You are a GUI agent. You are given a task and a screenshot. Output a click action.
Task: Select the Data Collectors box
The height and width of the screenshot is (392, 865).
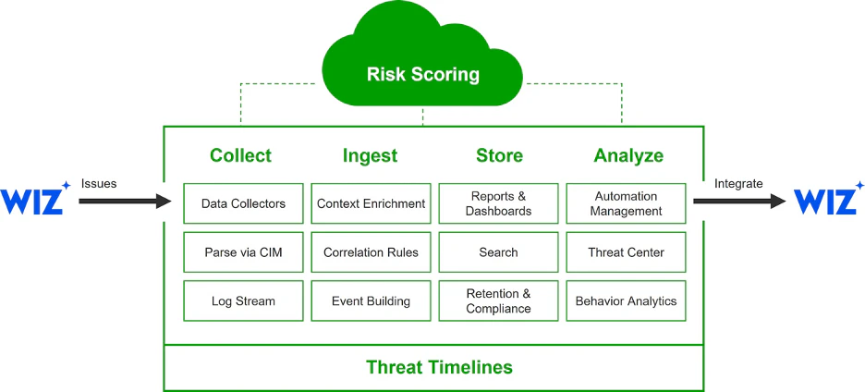243,203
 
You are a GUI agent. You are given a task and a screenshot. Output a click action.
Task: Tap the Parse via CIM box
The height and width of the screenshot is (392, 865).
243,252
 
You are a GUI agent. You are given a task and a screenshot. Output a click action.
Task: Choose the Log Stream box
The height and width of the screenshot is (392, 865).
243,300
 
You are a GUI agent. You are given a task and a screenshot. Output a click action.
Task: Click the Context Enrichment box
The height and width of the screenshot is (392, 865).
371,203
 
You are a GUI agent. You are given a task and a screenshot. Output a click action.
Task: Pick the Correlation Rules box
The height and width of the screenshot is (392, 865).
371,252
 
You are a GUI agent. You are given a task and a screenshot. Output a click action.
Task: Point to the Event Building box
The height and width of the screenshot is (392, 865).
371,300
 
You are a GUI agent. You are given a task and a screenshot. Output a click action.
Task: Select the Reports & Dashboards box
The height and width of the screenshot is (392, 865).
499,203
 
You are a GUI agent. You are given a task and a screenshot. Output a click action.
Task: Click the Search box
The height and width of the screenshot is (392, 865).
499,252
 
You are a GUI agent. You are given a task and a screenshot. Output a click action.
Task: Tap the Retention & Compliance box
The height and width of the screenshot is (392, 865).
499,300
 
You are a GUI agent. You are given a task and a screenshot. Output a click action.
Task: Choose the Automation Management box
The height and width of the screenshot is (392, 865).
627,203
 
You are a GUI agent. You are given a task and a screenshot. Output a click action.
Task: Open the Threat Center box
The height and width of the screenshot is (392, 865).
627,252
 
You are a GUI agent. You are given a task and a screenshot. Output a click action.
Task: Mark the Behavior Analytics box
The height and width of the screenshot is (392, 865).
627,300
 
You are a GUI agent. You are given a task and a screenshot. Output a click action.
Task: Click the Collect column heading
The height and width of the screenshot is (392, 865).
241,155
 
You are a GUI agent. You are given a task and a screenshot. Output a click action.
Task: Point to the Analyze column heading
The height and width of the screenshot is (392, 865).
628,155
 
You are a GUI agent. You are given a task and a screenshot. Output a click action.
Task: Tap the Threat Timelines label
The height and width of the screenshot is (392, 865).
440,367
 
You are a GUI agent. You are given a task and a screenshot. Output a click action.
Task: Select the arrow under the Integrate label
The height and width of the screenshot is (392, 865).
739,201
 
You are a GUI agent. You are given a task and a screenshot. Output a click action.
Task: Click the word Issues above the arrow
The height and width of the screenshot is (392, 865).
99,183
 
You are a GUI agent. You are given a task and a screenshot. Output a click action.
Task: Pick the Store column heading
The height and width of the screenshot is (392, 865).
499,155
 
